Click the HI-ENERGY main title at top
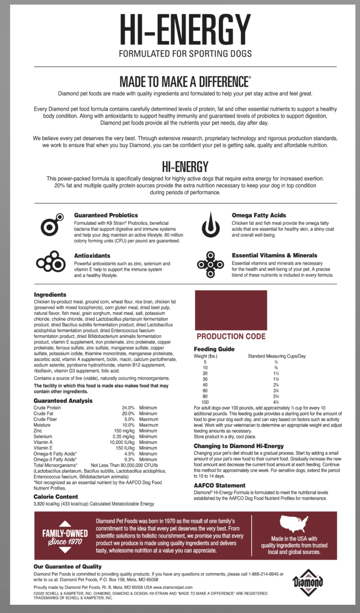click(185, 29)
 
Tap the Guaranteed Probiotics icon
click(52, 223)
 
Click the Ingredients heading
click(50, 295)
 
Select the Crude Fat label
click(44, 413)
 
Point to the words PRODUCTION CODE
click(231, 336)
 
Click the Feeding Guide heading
click(214, 349)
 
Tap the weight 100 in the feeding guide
click(205, 402)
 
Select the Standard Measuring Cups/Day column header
click(276, 355)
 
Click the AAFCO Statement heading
click(219, 485)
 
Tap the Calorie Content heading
click(56, 497)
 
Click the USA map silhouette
click(295, 524)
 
